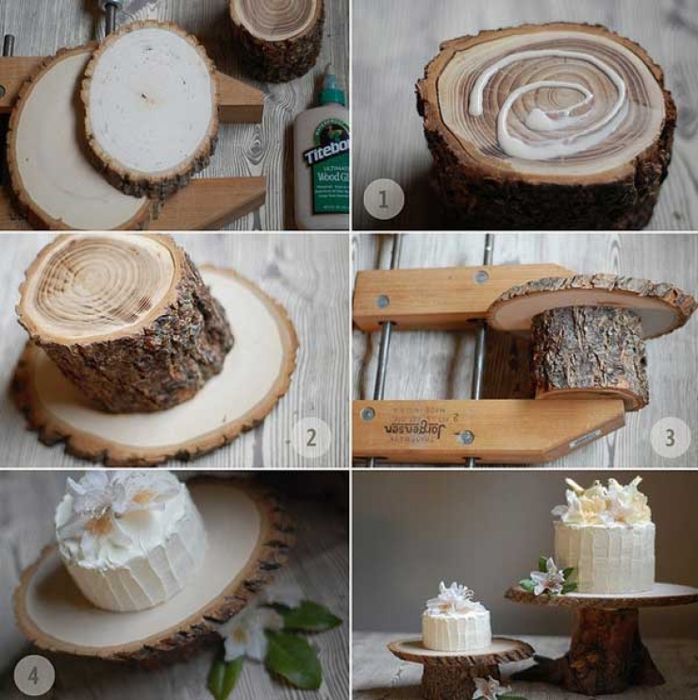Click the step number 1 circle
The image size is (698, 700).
383,199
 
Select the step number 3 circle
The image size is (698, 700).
670,437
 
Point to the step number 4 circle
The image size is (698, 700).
34,675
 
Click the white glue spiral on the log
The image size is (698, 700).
547,104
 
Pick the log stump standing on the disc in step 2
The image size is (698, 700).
123,321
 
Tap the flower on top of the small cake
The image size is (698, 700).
453,597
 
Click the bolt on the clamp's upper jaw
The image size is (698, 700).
481,276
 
